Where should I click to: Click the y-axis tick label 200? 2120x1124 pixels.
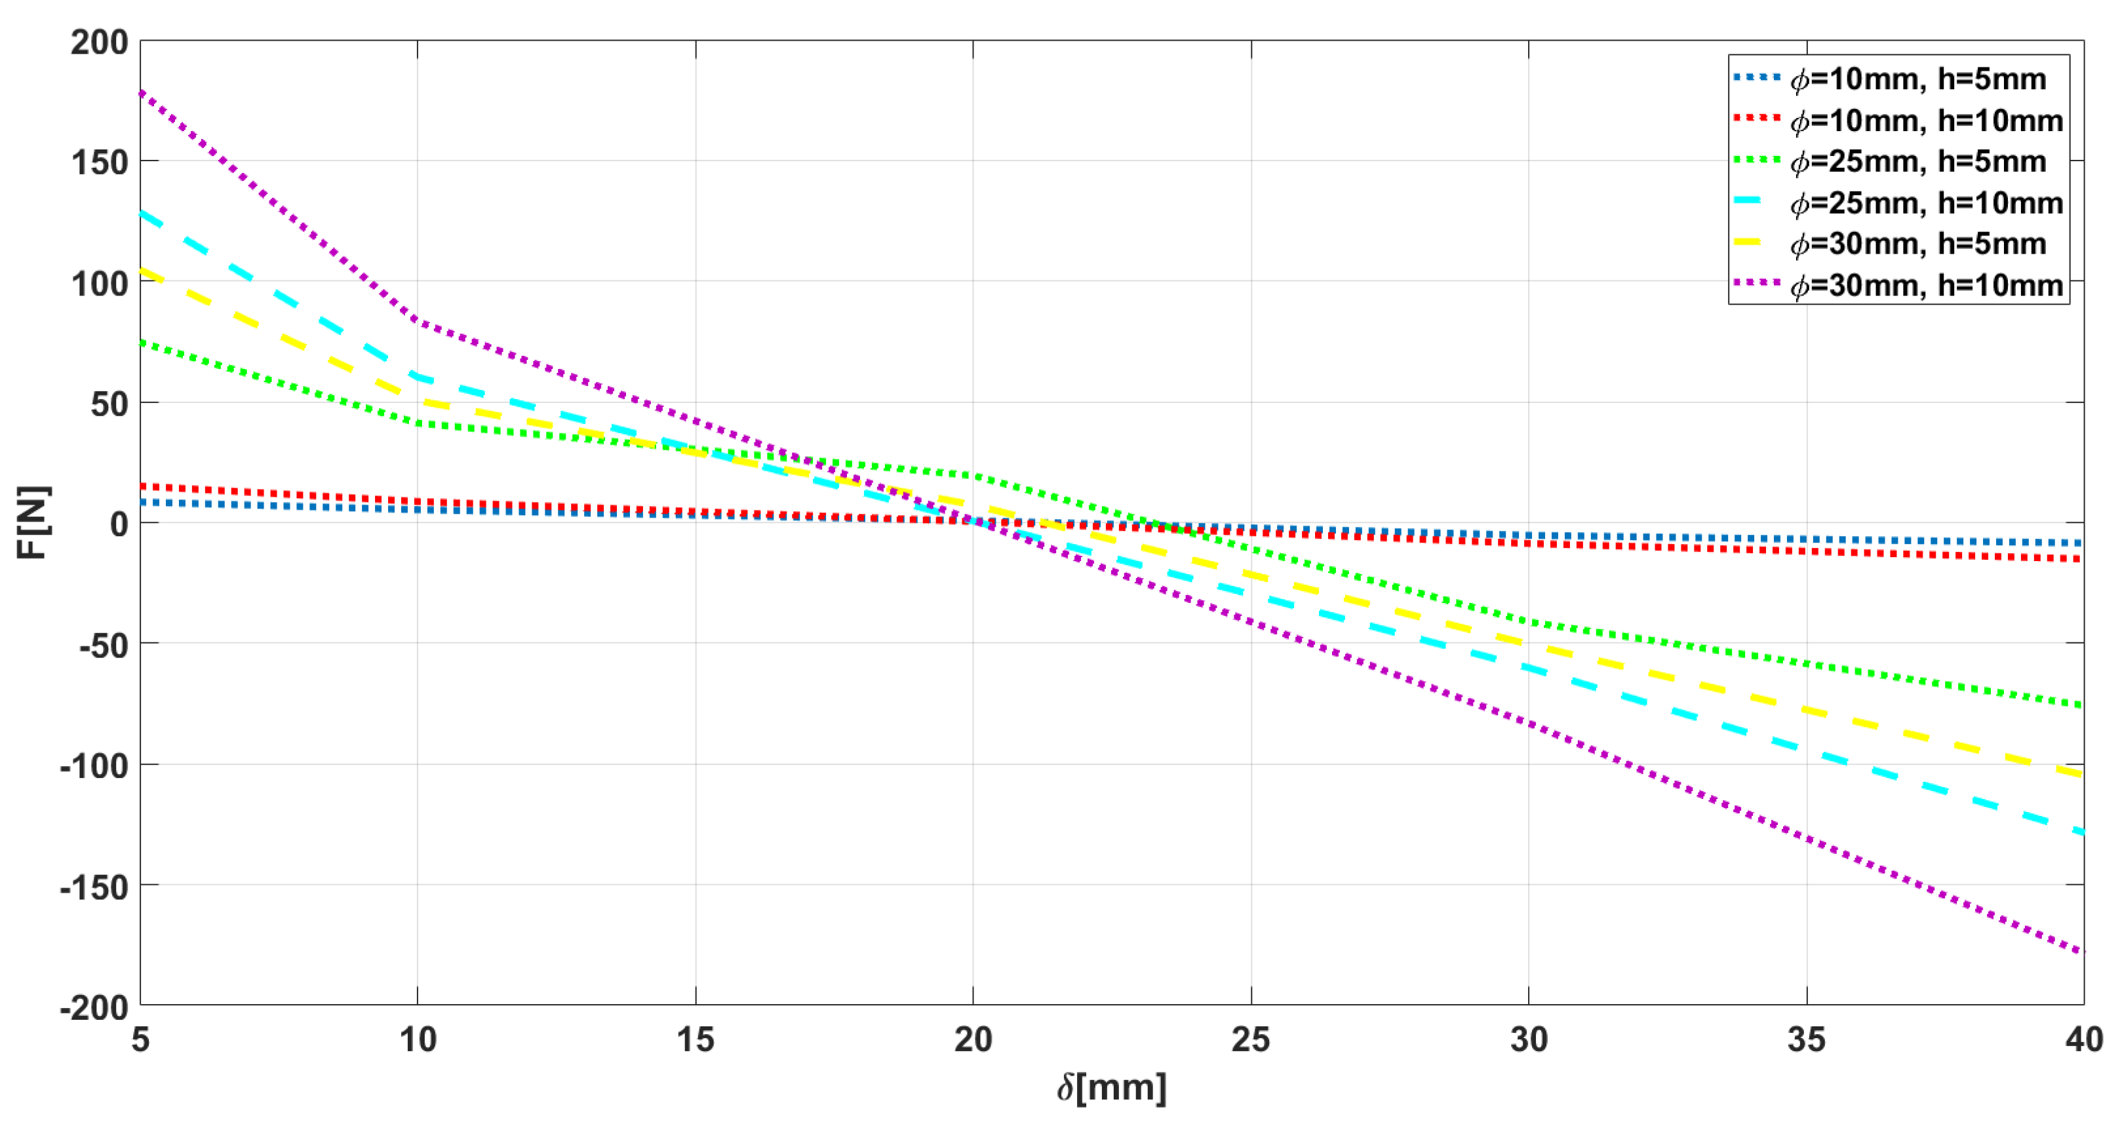tap(100, 42)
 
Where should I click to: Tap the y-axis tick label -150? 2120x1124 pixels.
tap(94, 887)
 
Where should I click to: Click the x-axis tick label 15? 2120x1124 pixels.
tap(696, 1040)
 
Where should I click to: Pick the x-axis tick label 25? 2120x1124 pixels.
tap(1251, 1040)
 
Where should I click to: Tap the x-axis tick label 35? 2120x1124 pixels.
tap(1807, 1040)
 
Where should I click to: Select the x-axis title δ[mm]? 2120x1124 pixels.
tap(1112, 1088)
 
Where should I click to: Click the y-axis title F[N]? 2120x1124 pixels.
tap(33, 522)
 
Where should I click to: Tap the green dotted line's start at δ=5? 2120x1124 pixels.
tap(141, 341)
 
